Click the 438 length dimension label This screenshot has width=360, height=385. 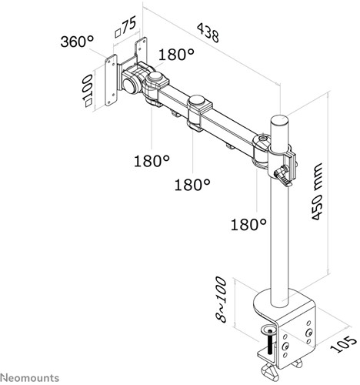[x=208, y=32]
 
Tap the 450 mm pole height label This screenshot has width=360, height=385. [x=316, y=191]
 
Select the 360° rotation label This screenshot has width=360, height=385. [x=77, y=41]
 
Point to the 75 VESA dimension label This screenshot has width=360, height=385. [x=125, y=27]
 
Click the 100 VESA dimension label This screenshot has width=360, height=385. [x=88, y=90]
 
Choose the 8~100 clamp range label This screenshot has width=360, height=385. [x=221, y=300]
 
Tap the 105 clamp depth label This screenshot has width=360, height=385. [x=343, y=344]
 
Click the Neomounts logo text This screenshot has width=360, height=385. [x=29, y=378]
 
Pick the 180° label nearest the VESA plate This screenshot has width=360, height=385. [x=176, y=54]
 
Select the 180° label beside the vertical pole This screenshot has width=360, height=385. [x=248, y=224]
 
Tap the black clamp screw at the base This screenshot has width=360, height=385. [x=270, y=343]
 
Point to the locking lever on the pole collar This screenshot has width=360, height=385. [x=283, y=176]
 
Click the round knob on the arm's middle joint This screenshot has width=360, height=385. [x=198, y=100]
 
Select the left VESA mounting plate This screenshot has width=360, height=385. [x=111, y=80]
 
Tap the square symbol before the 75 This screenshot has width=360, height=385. [x=118, y=33]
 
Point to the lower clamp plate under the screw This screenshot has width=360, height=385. [x=267, y=354]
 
